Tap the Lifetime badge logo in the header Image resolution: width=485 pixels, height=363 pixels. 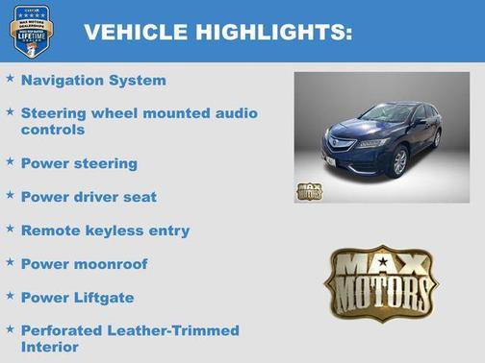[31, 31]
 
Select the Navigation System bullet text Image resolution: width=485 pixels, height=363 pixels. [93, 81]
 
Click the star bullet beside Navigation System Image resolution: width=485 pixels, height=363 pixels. [10, 79]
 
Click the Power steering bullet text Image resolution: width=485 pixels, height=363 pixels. [79, 163]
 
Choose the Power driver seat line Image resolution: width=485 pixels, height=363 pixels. [89, 197]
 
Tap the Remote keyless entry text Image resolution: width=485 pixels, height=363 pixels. [105, 230]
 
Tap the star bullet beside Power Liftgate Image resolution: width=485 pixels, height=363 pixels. [10, 296]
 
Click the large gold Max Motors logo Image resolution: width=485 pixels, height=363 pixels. [380, 280]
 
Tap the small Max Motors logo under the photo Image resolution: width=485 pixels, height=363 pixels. [309, 189]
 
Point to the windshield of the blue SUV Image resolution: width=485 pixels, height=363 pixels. [389, 114]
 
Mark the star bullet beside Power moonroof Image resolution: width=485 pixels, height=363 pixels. [10, 262]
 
